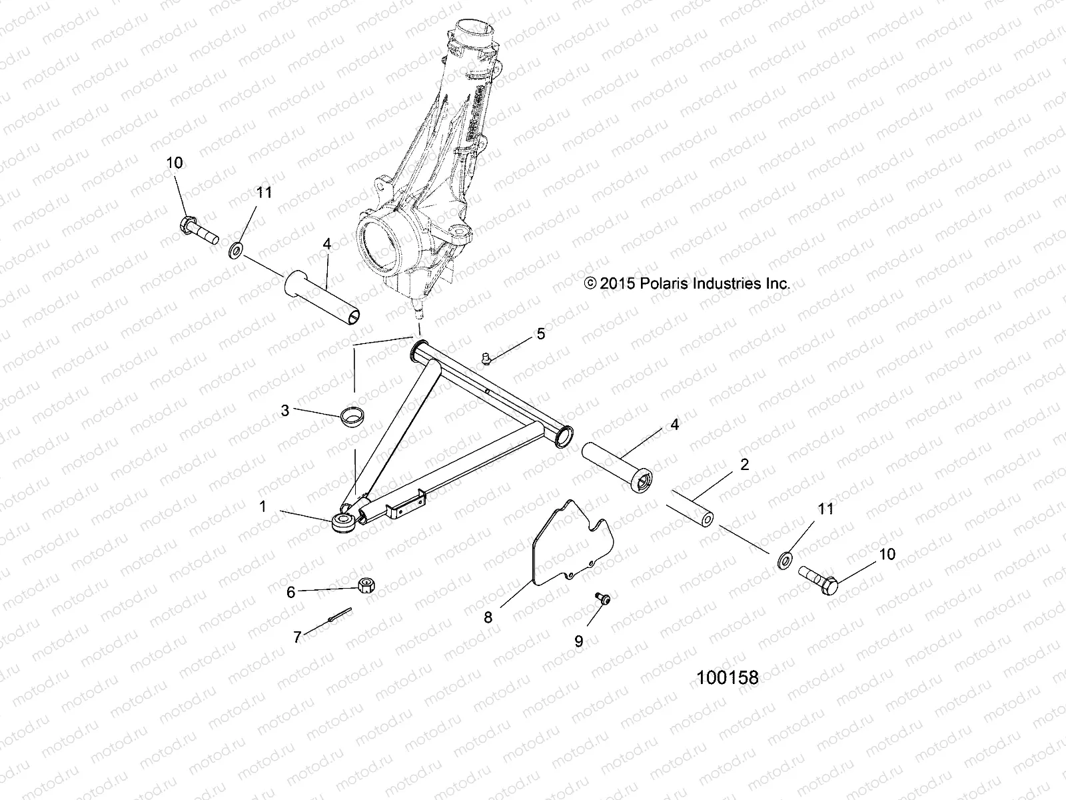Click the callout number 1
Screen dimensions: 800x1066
(263, 507)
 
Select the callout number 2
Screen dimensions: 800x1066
(744, 464)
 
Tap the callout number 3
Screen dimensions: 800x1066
(285, 410)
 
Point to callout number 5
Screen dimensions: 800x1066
(541, 333)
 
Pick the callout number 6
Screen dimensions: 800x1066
(290, 591)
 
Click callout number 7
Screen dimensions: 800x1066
(297, 637)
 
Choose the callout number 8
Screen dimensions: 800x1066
(488, 617)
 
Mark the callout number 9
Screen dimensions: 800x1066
(579, 641)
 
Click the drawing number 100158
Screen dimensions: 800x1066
(727, 678)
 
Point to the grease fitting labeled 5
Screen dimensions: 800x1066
(486, 361)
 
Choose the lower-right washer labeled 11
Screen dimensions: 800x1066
(784, 559)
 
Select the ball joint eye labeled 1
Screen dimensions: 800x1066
(344, 521)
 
